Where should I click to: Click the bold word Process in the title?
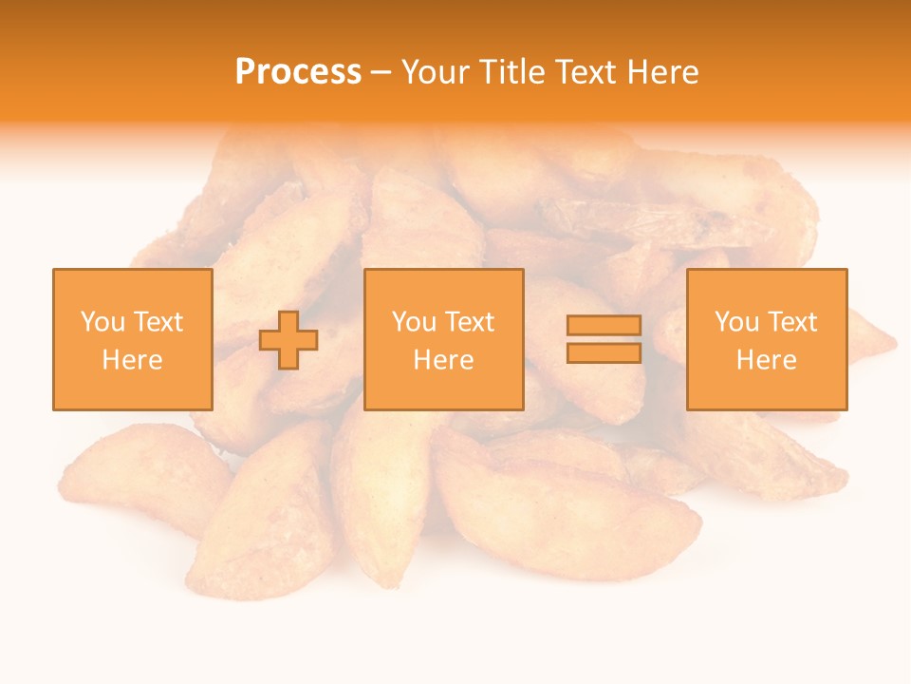click(298, 72)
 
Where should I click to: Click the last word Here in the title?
click(664, 72)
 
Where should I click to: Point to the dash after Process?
click(381, 73)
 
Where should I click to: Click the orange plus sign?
click(288, 340)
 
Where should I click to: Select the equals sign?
click(604, 339)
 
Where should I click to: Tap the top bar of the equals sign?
click(604, 326)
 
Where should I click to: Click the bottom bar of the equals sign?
click(604, 352)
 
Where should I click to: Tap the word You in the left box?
click(102, 322)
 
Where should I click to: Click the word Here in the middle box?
click(443, 360)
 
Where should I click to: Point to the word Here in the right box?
click(766, 360)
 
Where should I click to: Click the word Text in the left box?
click(157, 322)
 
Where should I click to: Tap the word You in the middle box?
click(414, 322)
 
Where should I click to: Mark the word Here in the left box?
click(132, 360)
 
